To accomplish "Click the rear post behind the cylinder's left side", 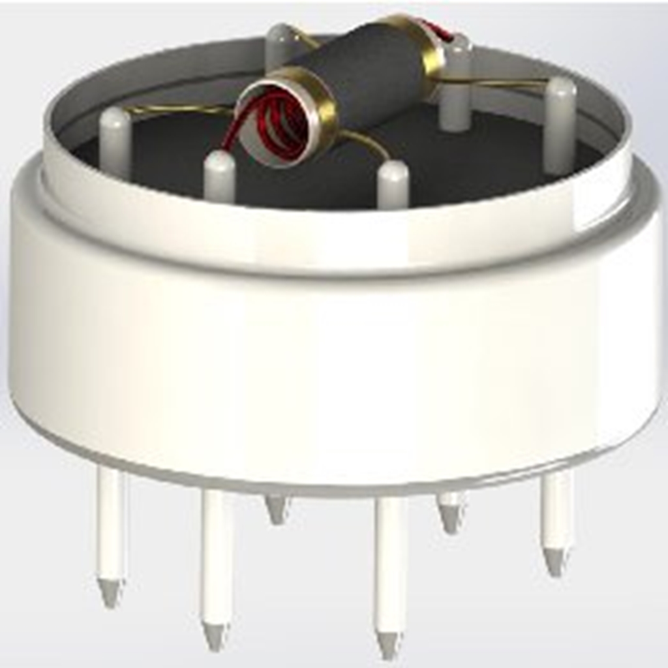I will [x=279, y=46].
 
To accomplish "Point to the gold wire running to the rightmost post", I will [x=502, y=82].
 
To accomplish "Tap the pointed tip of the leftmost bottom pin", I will [x=110, y=594].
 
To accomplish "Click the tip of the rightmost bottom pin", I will [x=555, y=562].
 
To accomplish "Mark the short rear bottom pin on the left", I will [x=277, y=509].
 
